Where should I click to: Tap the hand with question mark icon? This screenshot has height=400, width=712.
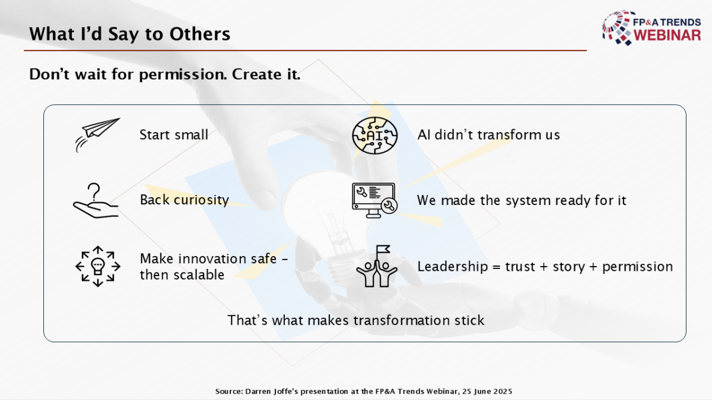[96, 201]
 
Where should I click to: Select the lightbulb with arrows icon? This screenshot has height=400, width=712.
[98, 266]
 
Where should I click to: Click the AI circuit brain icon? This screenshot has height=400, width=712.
[375, 136]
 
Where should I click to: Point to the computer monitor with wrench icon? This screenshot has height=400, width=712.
[374, 200]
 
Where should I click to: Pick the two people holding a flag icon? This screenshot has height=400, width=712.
[377, 266]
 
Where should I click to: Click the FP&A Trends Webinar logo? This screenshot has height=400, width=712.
[651, 28]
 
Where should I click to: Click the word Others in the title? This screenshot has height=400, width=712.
[199, 34]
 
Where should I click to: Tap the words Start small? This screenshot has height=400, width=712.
[174, 135]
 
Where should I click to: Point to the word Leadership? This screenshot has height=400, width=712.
[452, 267]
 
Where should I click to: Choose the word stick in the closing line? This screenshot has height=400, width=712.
[469, 320]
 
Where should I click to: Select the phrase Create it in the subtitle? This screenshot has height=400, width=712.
[266, 74]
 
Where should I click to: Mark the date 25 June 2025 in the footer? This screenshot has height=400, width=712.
[487, 392]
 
